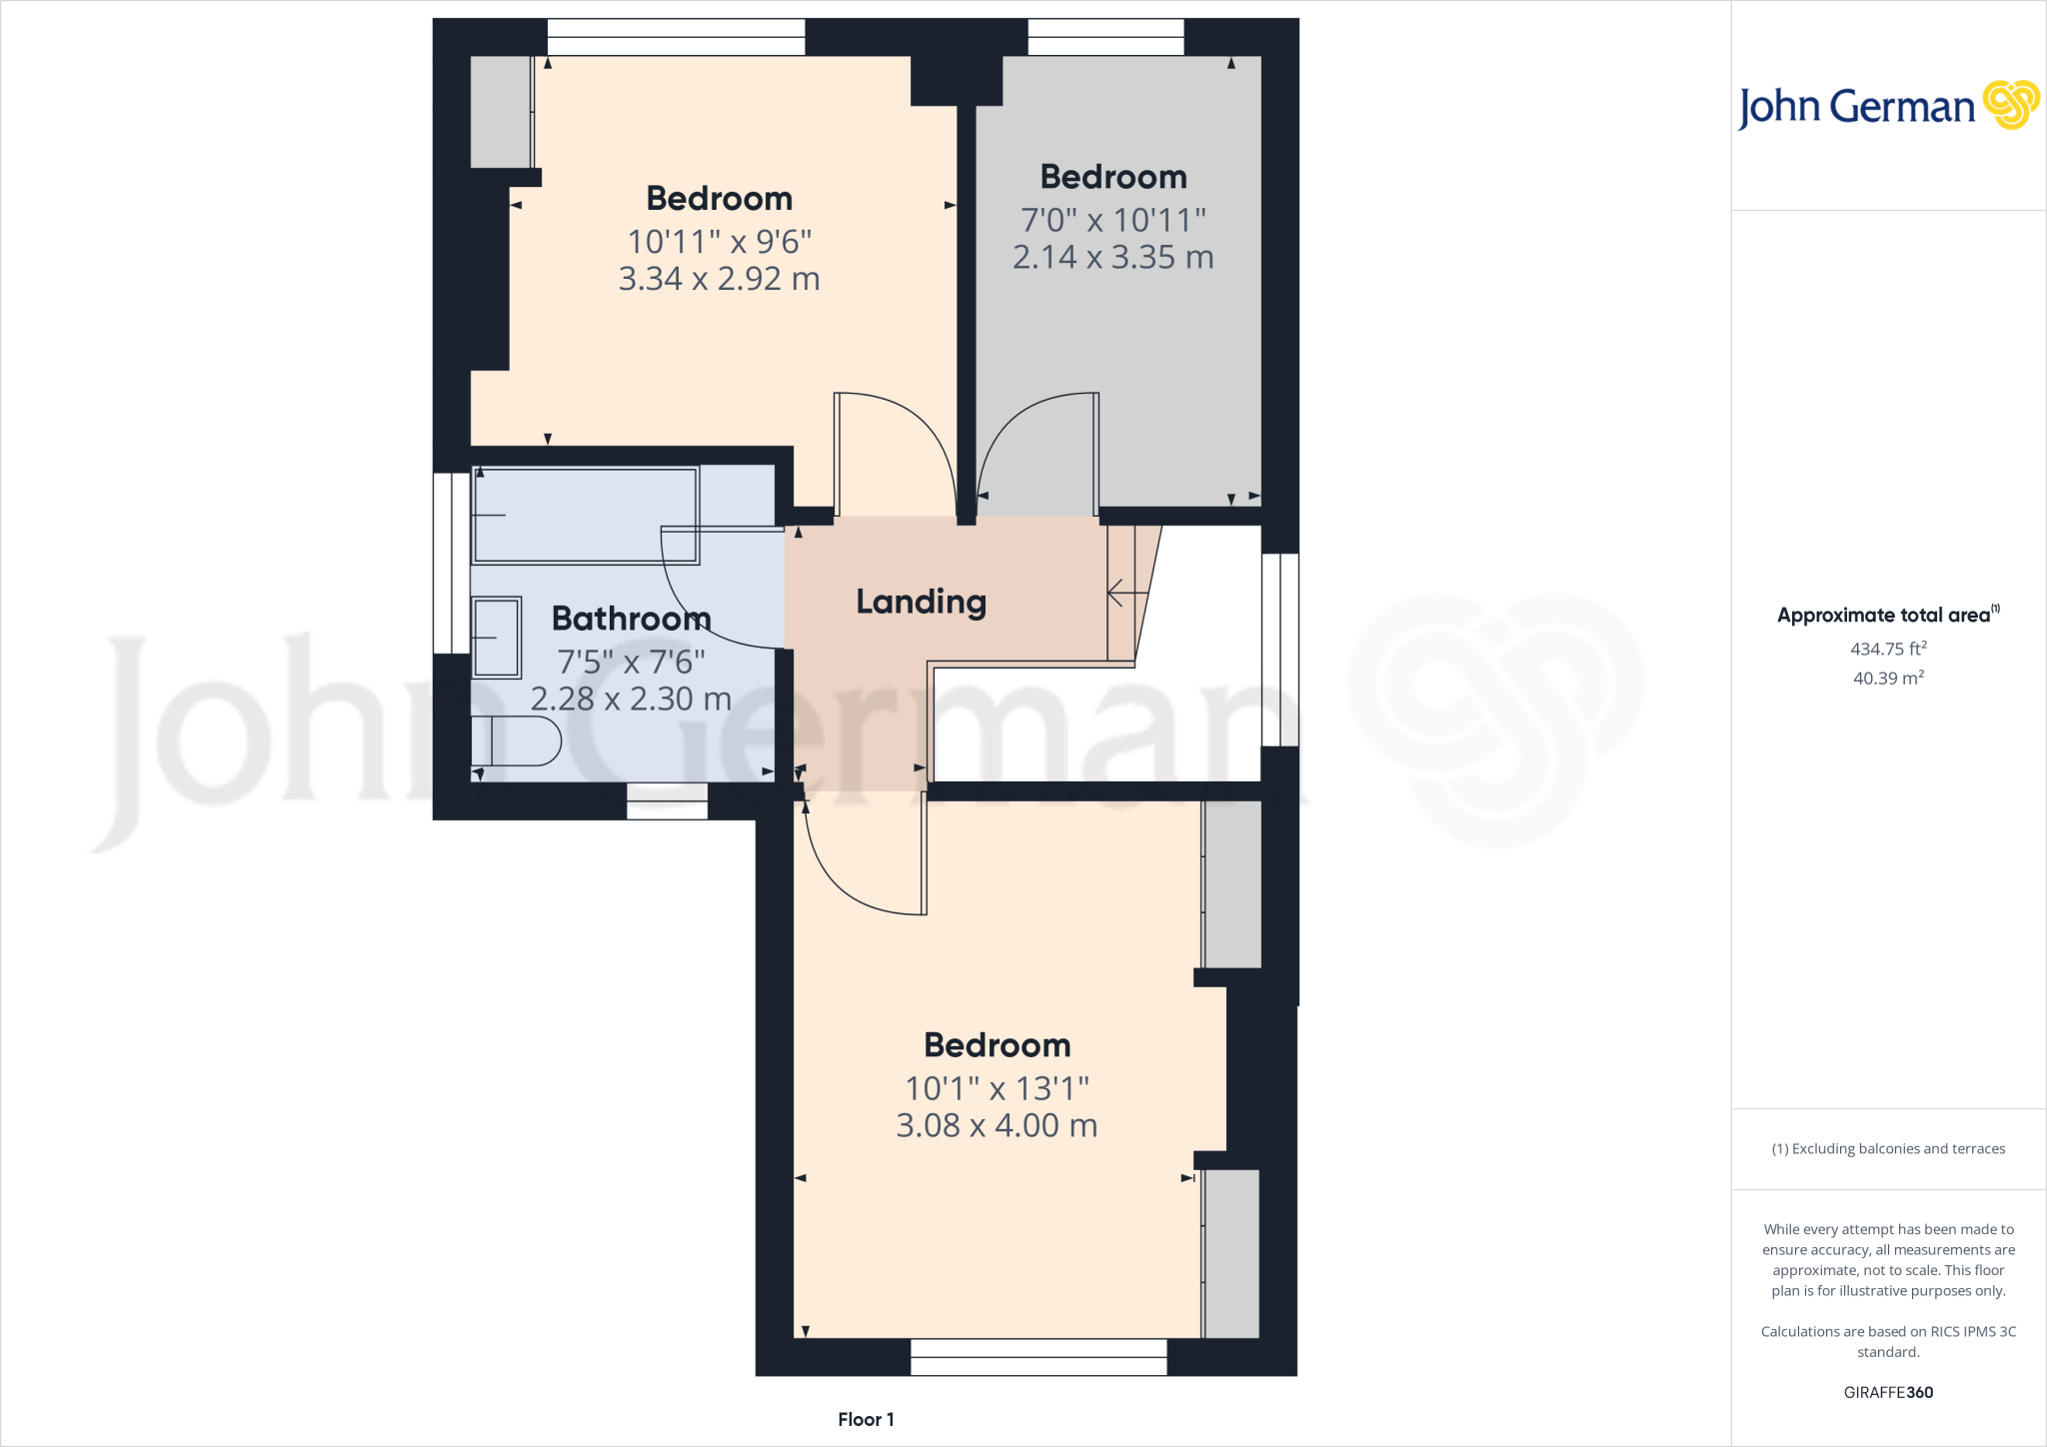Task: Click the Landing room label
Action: [921, 602]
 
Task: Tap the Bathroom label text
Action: [631, 619]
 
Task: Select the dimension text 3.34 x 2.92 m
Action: [719, 279]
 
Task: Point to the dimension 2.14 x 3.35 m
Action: [1112, 258]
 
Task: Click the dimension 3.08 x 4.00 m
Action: [997, 1126]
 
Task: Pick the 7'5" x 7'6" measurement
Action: [631, 662]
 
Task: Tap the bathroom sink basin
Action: [496, 637]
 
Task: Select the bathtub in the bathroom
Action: [585, 515]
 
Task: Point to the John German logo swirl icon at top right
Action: [2010, 105]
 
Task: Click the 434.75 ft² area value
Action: [1888, 650]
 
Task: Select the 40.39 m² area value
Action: [1888, 679]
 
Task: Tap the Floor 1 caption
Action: [866, 1420]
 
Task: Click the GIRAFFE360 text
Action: [1888, 1393]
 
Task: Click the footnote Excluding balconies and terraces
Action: [1888, 1149]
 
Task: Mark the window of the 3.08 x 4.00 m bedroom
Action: [1038, 1357]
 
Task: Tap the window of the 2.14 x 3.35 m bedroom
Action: [1105, 37]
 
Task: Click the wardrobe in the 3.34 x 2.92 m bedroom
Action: [501, 112]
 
